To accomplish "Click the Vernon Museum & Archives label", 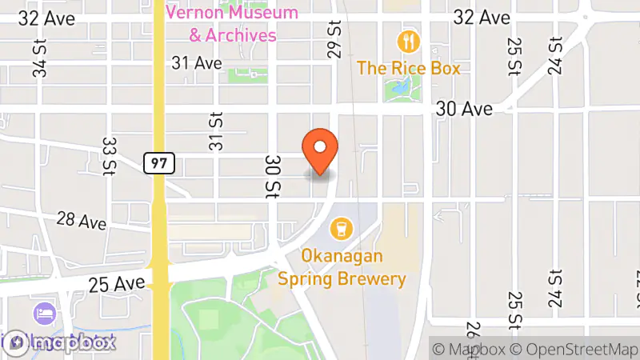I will [x=232, y=24].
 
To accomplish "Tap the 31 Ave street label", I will [x=196, y=62].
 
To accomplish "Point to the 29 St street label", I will [x=334, y=39].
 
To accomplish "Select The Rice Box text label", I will [x=409, y=68].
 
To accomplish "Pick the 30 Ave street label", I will [x=464, y=109].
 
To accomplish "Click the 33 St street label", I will [x=109, y=155].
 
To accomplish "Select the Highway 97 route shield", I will [x=158, y=163].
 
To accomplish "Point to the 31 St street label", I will [x=215, y=129].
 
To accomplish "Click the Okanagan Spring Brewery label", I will [x=342, y=268].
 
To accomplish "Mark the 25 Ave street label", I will [x=118, y=283].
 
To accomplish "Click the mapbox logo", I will [x=59, y=342].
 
